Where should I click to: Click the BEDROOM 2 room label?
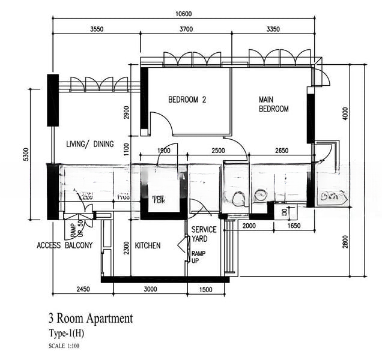pos(187,100)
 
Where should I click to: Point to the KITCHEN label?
pos(147,245)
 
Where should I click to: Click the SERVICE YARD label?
pos(204,234)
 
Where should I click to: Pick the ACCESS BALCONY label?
pos(64,245)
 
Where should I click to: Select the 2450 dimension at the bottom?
pos(83,289)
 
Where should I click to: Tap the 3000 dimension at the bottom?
pos(150,289)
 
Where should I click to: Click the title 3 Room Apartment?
pos(90,319)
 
